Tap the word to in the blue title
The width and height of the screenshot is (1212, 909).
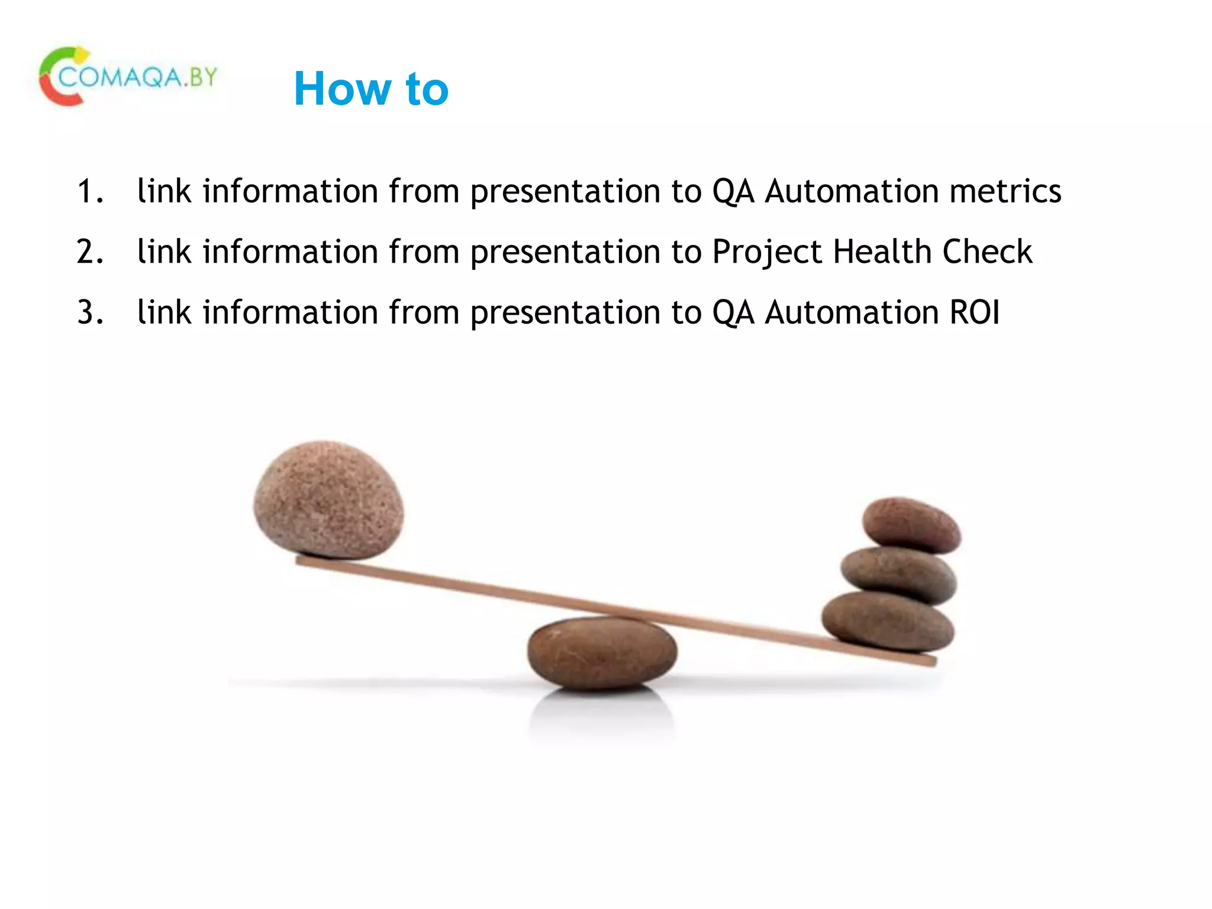tap(427, 89)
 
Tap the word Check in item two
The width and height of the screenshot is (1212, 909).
tap(987, 252)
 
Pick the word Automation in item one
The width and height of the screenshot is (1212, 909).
tap(851, 192)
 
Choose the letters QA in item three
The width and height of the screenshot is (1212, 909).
tap(733, 313)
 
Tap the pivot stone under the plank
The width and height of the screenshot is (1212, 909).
tap(602, 654)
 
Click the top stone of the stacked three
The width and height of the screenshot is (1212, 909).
tap(911, 524)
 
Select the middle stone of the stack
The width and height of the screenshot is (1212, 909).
tap(898, 574)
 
